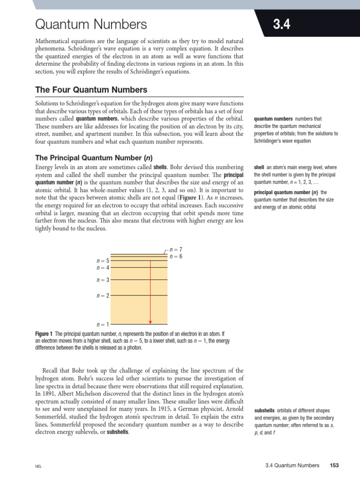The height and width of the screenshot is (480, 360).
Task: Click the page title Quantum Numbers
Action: (91, 24)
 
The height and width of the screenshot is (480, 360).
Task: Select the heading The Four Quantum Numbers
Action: (91, 90)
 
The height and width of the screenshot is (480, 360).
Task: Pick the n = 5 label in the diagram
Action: (103, 261)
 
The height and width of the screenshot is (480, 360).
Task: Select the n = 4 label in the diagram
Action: (103, 268)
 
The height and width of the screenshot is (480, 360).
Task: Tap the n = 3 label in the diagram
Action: (103, 280)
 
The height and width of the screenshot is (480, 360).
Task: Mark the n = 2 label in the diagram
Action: (103, 296)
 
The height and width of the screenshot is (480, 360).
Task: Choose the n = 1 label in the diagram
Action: (103, 324)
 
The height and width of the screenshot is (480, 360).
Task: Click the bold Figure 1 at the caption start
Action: (45, 333)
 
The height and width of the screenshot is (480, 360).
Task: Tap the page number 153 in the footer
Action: (334, 465)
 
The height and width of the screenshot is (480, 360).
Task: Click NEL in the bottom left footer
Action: (38, 466)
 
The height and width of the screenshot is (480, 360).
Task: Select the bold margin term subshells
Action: (265, 410)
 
